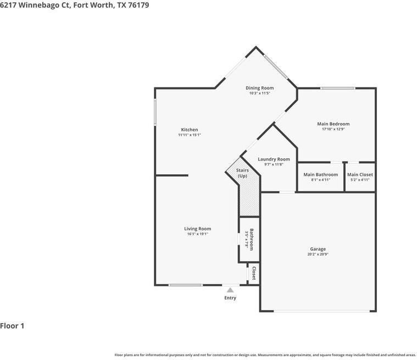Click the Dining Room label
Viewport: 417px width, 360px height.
point(259,88)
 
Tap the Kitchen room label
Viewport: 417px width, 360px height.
point(190,130)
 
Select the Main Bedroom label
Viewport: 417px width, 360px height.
point(333,124)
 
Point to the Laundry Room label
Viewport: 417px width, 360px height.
point(274,159)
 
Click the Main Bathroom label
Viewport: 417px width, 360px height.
point(320,174)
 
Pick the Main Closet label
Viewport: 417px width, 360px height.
point(360,174)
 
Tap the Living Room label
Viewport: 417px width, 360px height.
point(197,229)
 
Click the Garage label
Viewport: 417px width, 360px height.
point(318,249)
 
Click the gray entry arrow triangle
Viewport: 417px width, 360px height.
point(230,290)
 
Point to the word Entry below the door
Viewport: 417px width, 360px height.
point(230,298)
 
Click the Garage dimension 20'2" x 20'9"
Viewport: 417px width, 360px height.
point(318,254)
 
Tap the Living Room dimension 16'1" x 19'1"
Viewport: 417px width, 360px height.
point(197,234)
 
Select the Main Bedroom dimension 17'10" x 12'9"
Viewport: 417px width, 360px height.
point(333,129)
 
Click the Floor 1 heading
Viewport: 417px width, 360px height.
point(13,326)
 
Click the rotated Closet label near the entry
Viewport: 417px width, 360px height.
point(254,273)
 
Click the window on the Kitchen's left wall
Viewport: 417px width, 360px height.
point(155,113)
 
